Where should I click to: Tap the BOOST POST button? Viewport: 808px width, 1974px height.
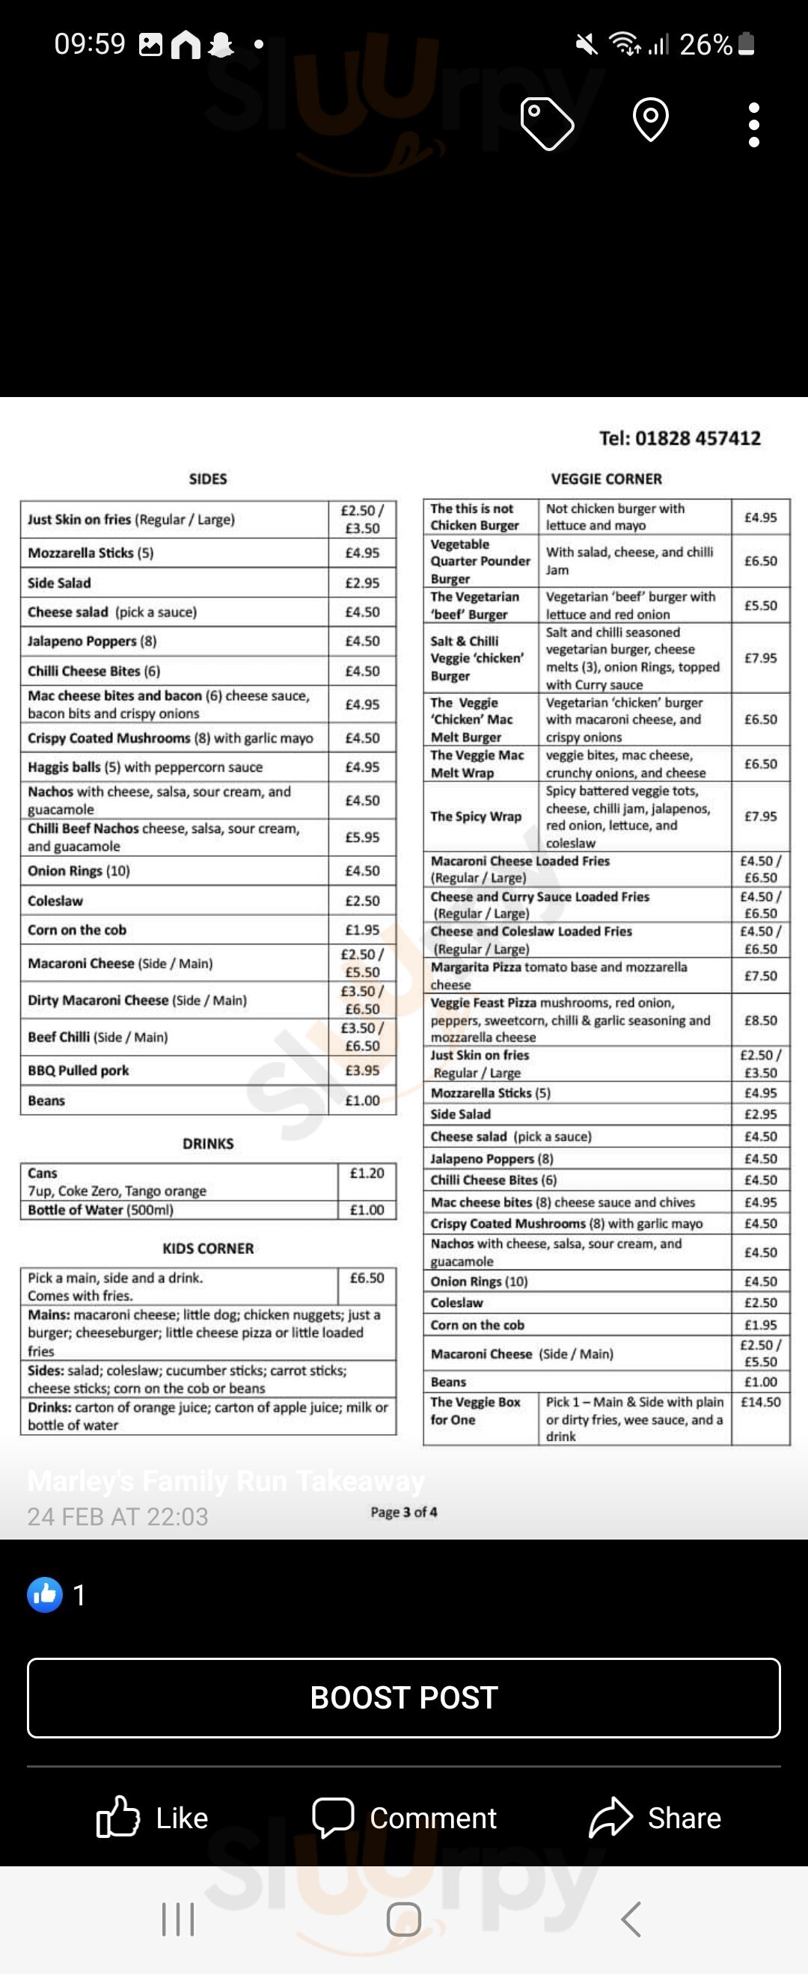(x=404, y=1697)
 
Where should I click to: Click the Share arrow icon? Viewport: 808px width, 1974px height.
(x=610, y=1818)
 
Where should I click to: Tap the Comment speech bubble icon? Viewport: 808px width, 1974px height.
(x=333, y=1817)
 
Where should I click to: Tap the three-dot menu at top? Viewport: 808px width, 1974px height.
(x=754, y=124)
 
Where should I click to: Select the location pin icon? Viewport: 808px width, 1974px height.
(x=651, y=120)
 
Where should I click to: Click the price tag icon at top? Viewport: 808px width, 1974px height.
(x=547, y=123)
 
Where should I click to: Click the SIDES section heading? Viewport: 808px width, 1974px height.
(x=208, y=479)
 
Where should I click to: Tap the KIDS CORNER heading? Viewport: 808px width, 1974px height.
(x=208, y=1248)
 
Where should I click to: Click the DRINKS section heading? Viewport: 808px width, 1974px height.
(x=208, y=1143)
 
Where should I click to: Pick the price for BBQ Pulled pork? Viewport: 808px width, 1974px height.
(x=362, y=1071)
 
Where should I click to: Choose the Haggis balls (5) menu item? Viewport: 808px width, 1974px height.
(x=145, y=767)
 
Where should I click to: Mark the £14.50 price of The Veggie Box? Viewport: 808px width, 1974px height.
(x=760, y=1401)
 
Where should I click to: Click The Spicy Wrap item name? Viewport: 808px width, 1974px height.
(x=476, y=816)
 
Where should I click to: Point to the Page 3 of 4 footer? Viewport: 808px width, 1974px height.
(x=404, y=1512)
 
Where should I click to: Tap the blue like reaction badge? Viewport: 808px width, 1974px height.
(x=45, y=1595)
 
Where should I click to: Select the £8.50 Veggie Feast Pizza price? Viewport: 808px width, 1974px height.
(x=760, y=1020)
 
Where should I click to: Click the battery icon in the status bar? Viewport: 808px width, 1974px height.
(x=747, y=44)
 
